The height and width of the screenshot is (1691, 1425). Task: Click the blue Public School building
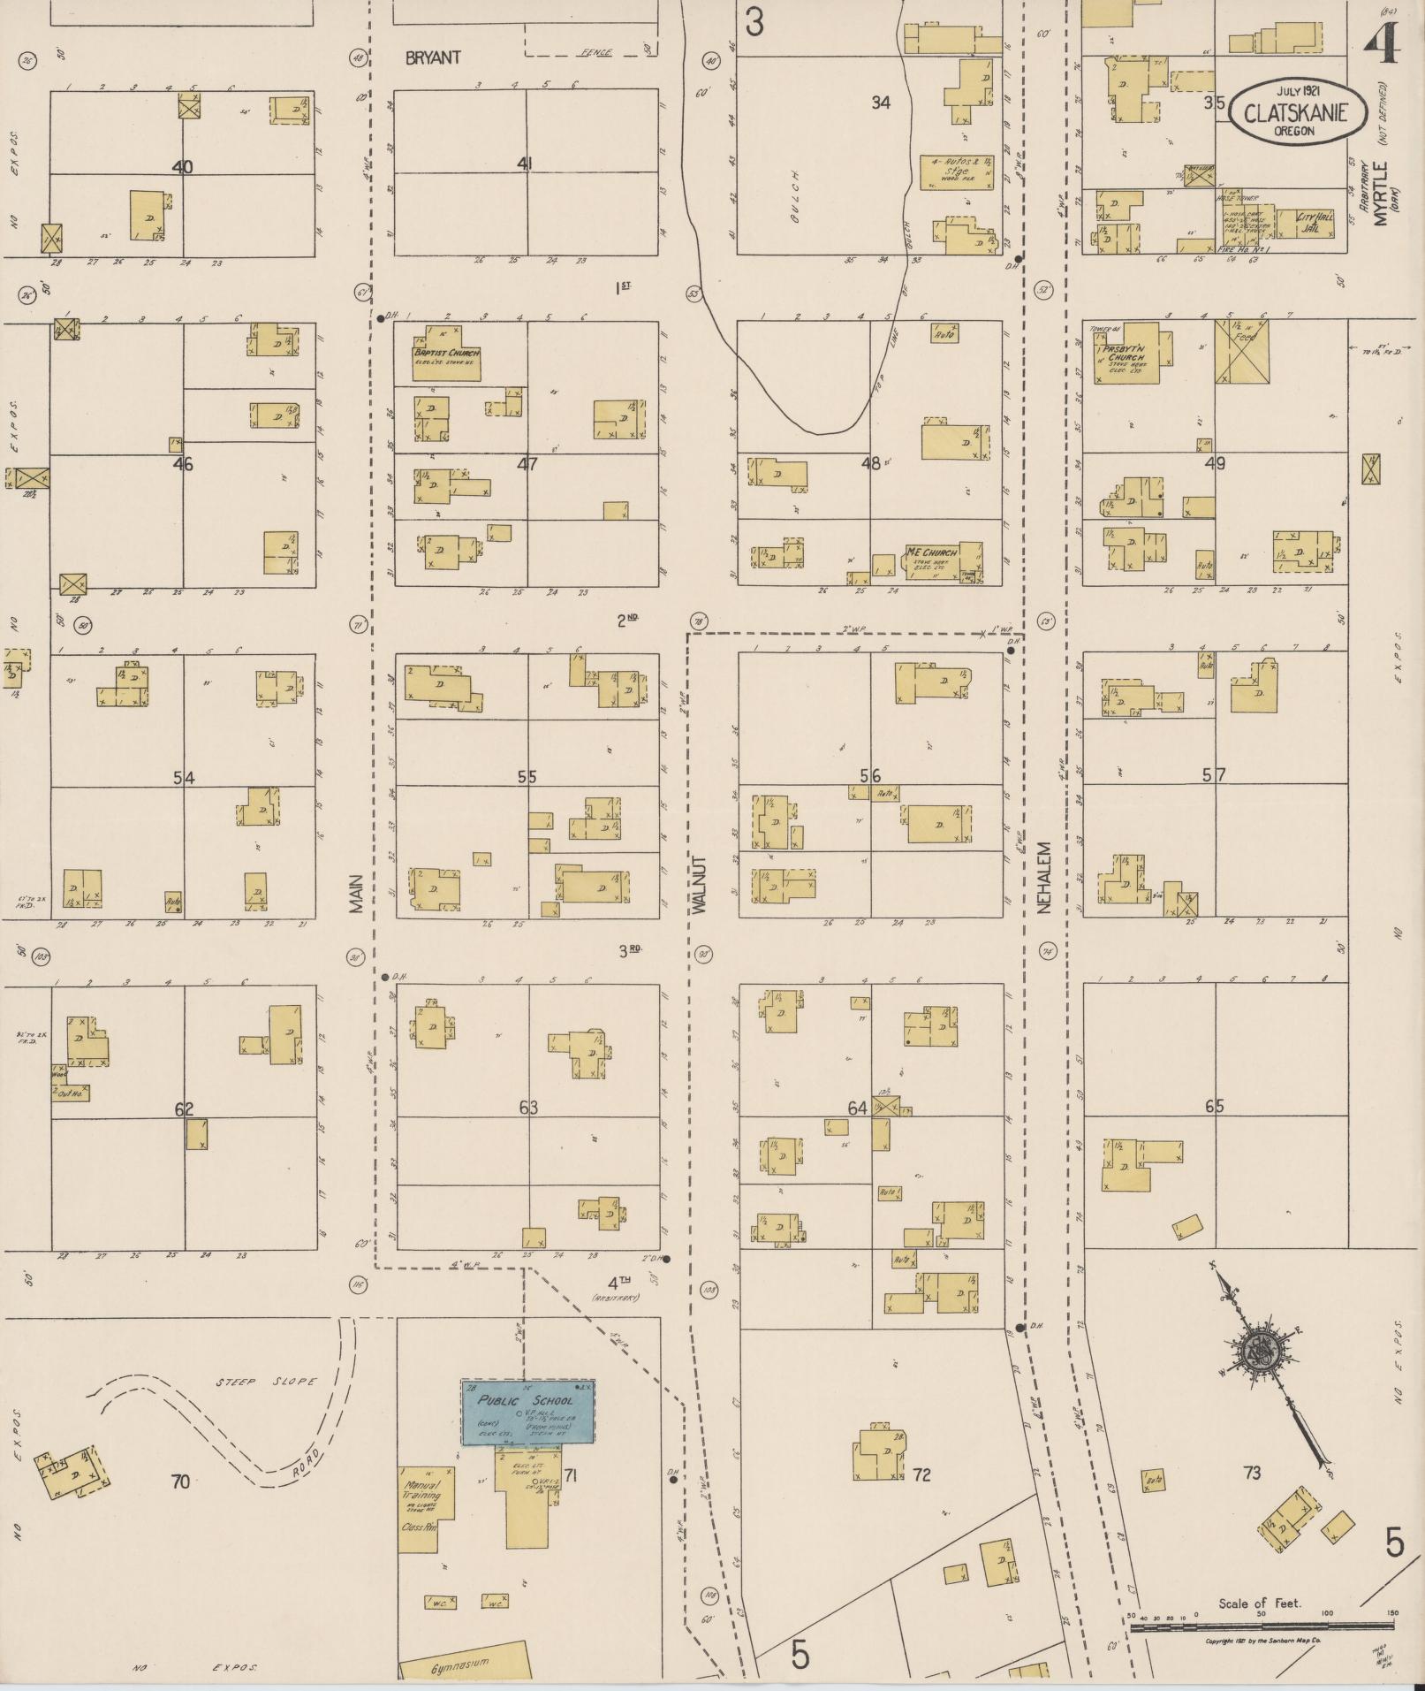pos(527,1412)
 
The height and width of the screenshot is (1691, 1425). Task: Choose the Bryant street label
pos(433,58)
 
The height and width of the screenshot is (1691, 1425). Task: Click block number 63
pos(528,1107)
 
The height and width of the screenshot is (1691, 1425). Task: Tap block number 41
pos(526,163)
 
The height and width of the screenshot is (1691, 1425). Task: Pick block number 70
pos(180,1481)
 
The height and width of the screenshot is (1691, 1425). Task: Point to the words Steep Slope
pos(266,1382)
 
